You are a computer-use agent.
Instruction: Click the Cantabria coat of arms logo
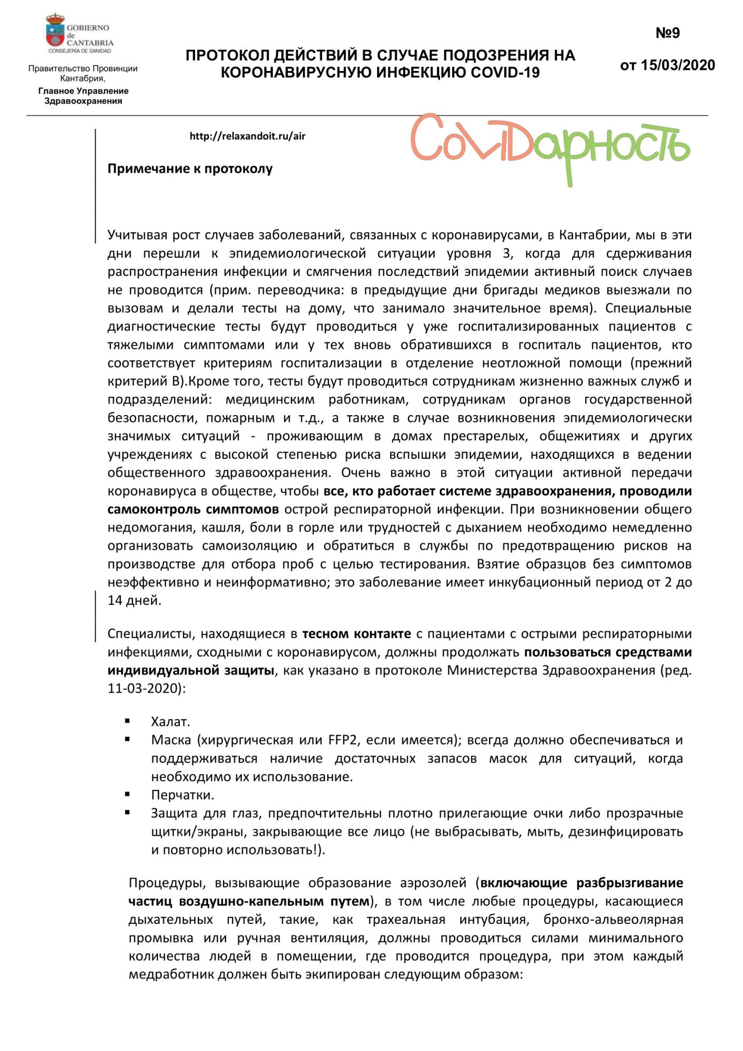coord(55,32)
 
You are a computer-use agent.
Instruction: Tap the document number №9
coord(667,33)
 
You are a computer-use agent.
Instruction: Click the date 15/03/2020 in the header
coord(677,65)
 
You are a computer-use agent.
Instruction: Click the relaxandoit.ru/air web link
coord(247,136)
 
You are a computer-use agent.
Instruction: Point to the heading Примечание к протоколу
coord(190,169)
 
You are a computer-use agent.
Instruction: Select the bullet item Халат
coord(170,722)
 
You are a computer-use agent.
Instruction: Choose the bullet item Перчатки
coord(182,795)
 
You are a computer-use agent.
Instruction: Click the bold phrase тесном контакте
coord(357,634)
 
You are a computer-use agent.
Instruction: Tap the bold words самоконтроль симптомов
coord(193,509)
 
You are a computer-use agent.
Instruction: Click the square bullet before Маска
coord(127,739)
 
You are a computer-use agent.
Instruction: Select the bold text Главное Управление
coord(83,91)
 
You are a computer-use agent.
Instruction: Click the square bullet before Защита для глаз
coord(127,812)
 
